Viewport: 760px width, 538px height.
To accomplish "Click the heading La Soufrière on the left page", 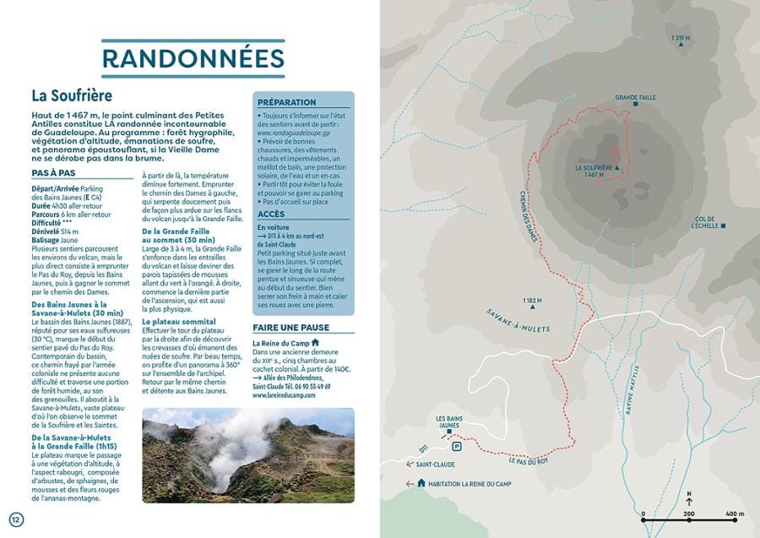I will click(72, 95).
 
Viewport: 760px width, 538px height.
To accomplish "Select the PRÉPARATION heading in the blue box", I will click(287, 102).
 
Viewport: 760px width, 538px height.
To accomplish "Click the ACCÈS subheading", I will click(271, 215).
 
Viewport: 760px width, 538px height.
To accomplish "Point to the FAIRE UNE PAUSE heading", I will click(291, 328).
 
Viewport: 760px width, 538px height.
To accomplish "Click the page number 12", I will click(15, 518).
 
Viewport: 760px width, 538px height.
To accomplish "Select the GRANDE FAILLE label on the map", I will click(636, 97).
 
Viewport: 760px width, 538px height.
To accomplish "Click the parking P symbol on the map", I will click(457, 445).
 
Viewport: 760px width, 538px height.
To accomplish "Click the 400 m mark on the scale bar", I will click(735, 513).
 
